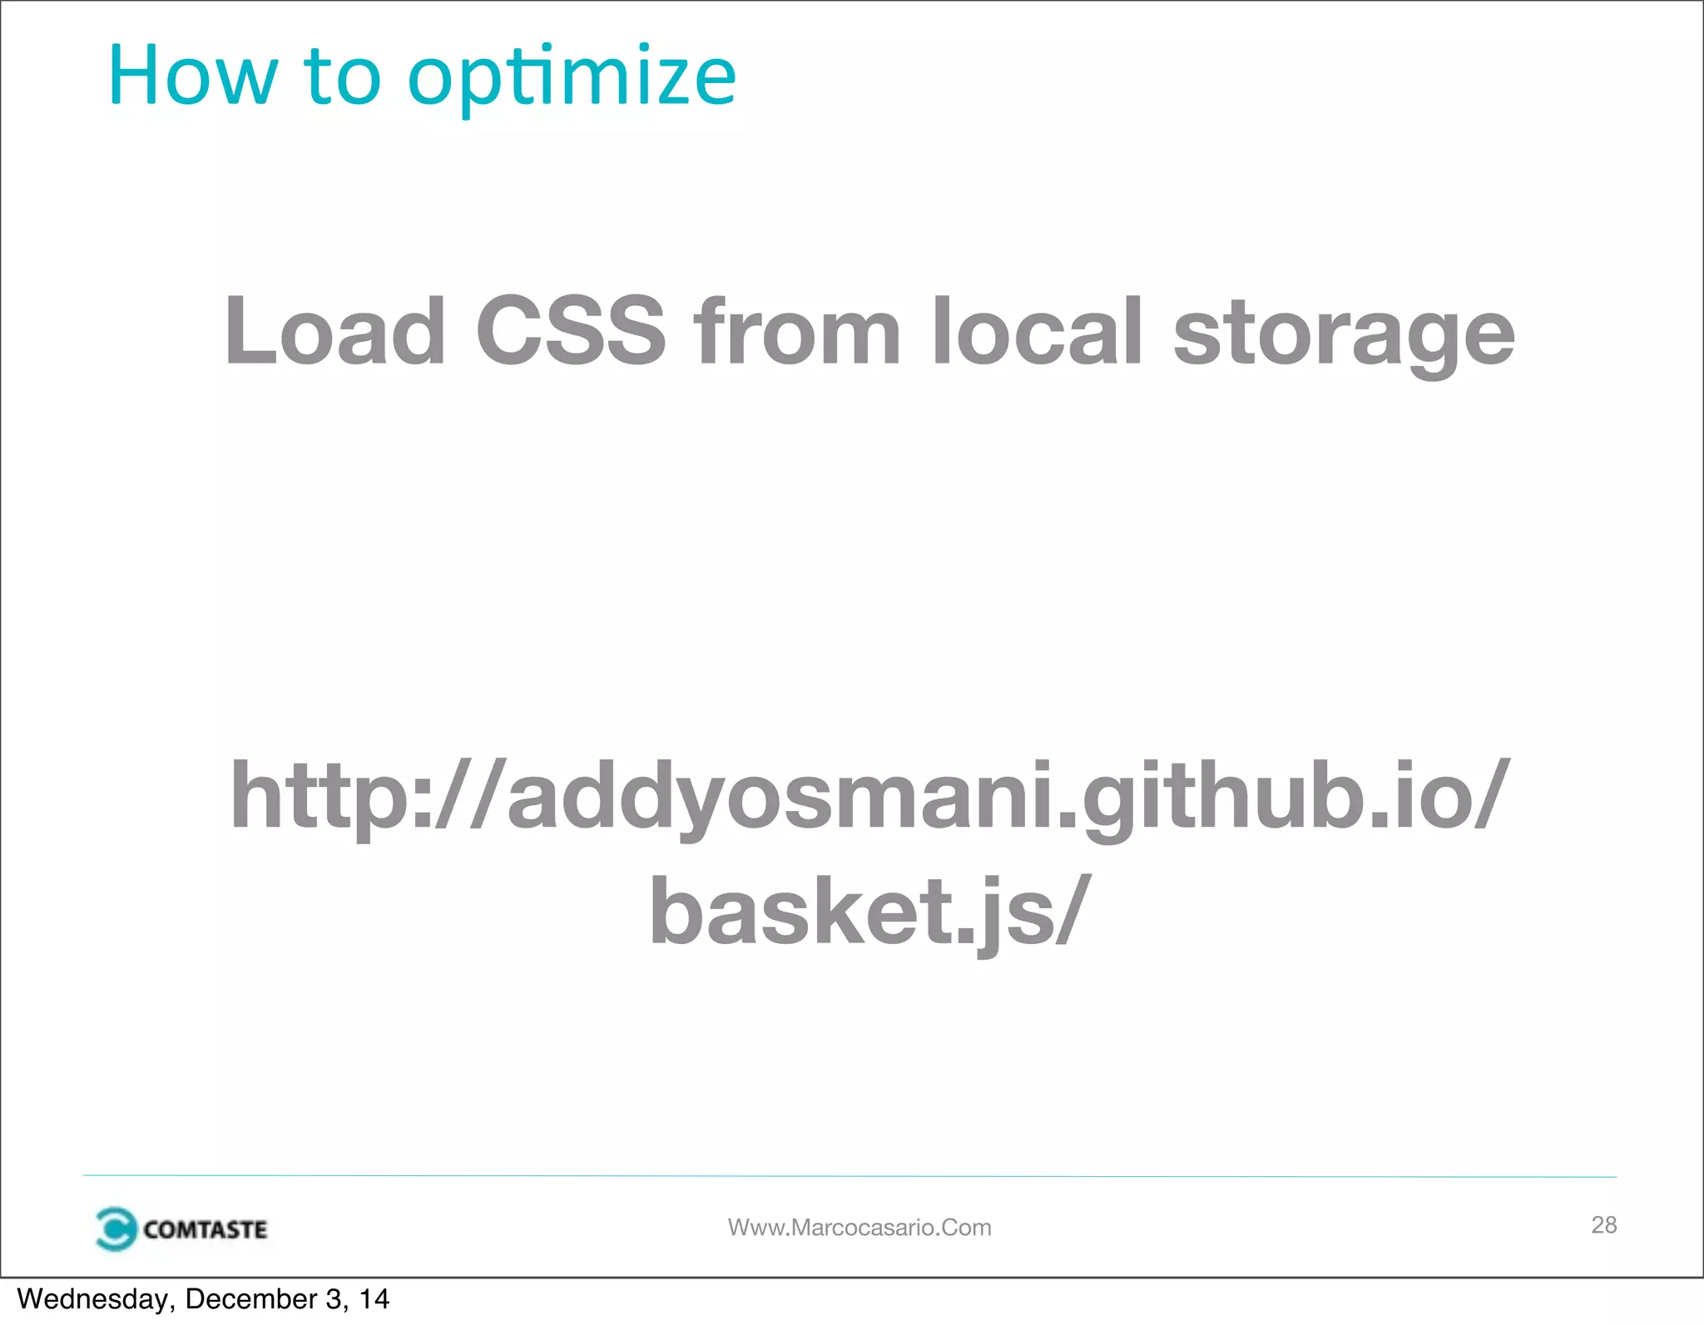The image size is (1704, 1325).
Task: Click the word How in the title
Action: pyautogui.click(x=192, y=77)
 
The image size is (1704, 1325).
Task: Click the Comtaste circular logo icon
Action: pyautogui.click(x=116, y=1229)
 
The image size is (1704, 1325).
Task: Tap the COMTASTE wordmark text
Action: pyautogui.click(x=205, y=1229)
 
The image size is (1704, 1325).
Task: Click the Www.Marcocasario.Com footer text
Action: pyautogui.click(x=859, y=1228)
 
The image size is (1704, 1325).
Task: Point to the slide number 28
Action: pyautogui.click(x=1603, y=1224)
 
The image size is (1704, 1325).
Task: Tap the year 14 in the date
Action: pyautogui.click(x=374, y=1299)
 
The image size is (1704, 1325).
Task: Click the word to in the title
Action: pyautogui.click(x=342, y=77)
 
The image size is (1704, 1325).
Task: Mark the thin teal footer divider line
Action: pyautogui.click(x=849, y=1176)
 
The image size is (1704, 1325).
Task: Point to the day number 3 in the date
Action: pyautogui.click(x=333, y=1299)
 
